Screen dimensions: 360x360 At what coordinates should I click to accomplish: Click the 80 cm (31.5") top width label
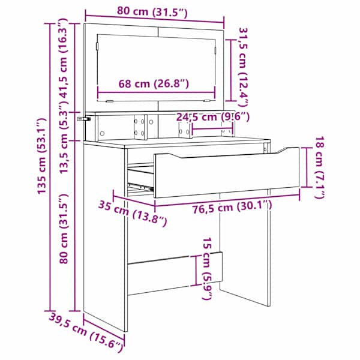coord(152,11)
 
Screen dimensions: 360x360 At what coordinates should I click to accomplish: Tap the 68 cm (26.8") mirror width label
coord(154,83)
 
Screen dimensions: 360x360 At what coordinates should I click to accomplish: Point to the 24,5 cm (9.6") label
coord(212,117)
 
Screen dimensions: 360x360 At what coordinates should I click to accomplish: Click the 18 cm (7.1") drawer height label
coord(320,167)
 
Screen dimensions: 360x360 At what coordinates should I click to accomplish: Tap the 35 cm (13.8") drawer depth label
coord(133,213)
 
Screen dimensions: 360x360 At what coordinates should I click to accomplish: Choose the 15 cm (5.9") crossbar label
coord(207,268)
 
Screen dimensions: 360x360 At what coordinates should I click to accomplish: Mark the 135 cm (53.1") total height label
coord(42,156)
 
